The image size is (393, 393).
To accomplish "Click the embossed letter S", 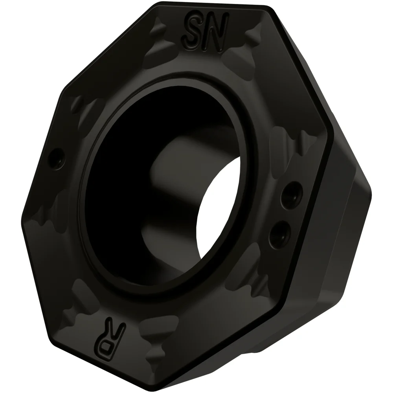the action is (x=193, y=28).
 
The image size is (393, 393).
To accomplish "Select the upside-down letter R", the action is (x=115, y=330).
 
